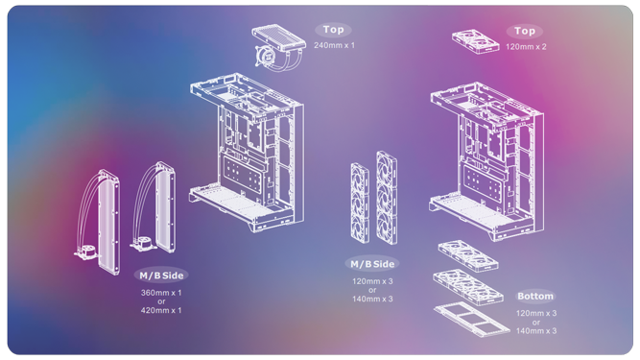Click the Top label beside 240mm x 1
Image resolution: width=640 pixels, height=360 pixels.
[333, 30]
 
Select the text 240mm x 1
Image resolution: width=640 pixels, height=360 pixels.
[334, 45]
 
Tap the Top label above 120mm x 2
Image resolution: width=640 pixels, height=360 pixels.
[525, 31]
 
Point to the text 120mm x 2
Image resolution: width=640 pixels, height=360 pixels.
[526, 47]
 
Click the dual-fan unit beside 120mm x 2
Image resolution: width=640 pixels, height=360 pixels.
[476, 41]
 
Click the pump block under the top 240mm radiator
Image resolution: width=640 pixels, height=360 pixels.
[265, 57]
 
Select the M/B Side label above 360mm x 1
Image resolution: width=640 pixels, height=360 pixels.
[161, 276]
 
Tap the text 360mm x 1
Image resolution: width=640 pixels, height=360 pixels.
[161, 293]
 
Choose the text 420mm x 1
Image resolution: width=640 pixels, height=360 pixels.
[161, 311]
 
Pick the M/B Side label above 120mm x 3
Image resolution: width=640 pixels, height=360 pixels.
[372, 264]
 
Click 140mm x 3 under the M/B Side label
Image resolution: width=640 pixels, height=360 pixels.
[372, 300]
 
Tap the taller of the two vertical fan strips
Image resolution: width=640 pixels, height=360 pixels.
[387, 198]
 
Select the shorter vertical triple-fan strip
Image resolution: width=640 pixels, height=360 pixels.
[360, 203]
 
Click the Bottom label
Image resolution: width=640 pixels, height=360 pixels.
[535, 297]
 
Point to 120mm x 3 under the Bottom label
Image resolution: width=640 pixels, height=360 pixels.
[536, 314]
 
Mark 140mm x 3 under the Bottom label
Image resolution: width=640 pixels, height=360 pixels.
[536, 331]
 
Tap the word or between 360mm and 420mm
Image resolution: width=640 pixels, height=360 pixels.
[161, 301]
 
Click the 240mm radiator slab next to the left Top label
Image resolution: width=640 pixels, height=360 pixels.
[279, 37]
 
